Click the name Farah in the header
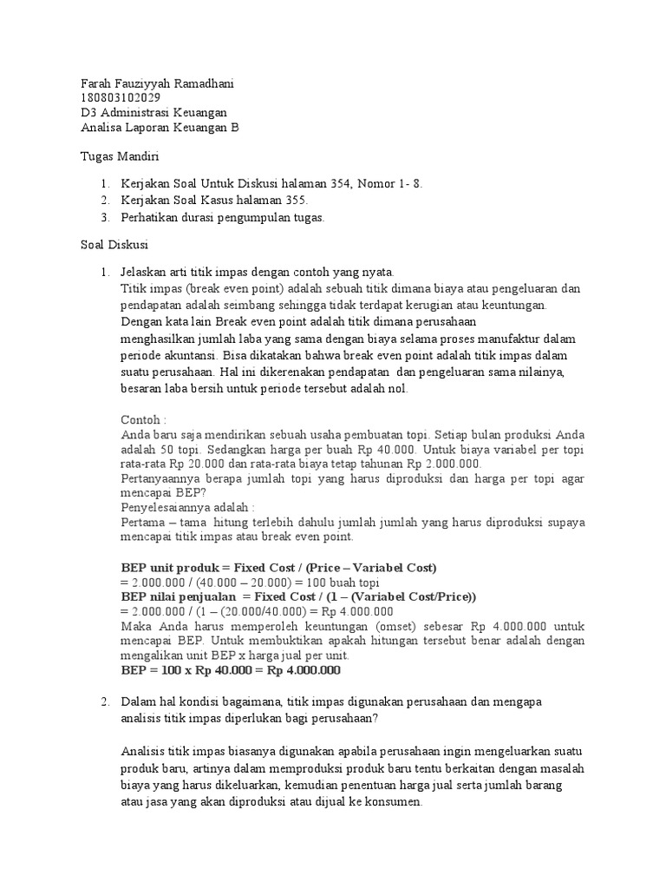96,83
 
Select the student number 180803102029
120,98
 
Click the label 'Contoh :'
143,418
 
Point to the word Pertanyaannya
163,478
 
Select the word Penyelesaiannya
163,507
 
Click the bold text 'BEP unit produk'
175,567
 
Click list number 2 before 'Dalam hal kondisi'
104,701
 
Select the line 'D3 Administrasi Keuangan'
153,113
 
